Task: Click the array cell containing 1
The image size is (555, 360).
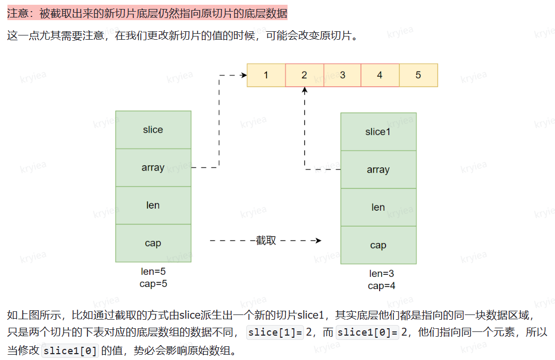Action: pyautogui.click(x=266, y=75)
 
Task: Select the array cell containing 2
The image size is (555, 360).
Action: pyautogui.click(x=305, y=75)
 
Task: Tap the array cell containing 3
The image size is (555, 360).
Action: pyautogui.click(x=342, y=75)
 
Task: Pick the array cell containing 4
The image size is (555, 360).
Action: pyautogui.click(x=380, y=75)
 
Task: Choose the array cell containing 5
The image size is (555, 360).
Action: pyautogui.click(x=418, y=75)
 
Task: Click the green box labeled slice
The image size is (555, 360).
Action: pyautogui.click(x=153, y=130)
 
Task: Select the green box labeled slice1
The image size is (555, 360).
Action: pyautogui.click(x=378, y=132)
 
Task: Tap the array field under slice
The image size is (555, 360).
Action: pyautogui.click(x=153, y=167)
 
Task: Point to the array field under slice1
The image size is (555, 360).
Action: pyautogui.click(x=378, y=169)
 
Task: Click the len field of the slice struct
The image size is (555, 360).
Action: pyautogui.click(x=153, y=205)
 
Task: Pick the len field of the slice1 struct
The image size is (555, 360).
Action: pyautogui.click(x=378, y=208)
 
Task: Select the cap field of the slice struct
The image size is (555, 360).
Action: pyautogui.click(x=153, y=243)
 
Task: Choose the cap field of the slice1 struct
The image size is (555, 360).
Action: pyautogui.click(x=378, y=245)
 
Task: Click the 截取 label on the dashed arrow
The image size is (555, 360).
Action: pyautogui.click(x=266, y=240)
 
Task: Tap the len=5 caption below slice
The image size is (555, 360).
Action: pyautogui.click(x=153, y=272)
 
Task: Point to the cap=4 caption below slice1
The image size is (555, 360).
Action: pyautogui.click(x=382, y=286)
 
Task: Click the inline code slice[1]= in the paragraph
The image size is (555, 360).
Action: pyautogui.click(x=275, y=332)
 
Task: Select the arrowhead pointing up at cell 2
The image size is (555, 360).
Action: pyautogui.click(x=305, y=91)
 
